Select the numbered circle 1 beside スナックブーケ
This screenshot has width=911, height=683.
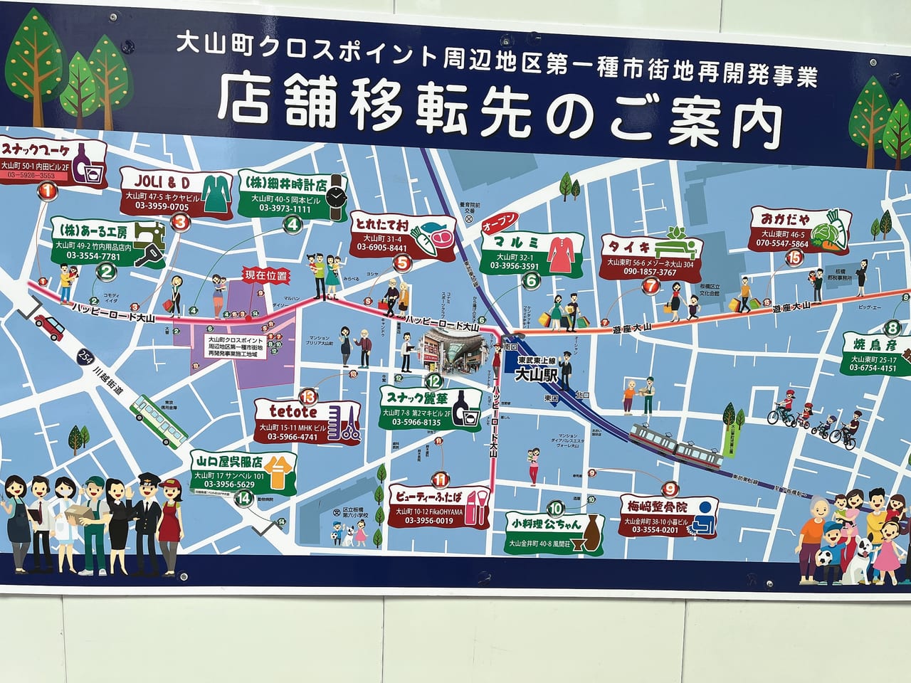47,190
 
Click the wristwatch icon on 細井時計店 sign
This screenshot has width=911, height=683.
337,192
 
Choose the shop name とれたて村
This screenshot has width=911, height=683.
381,223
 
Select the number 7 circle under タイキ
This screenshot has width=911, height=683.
650,286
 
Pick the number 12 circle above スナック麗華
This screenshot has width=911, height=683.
435,381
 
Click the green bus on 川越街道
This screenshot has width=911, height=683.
160,419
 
